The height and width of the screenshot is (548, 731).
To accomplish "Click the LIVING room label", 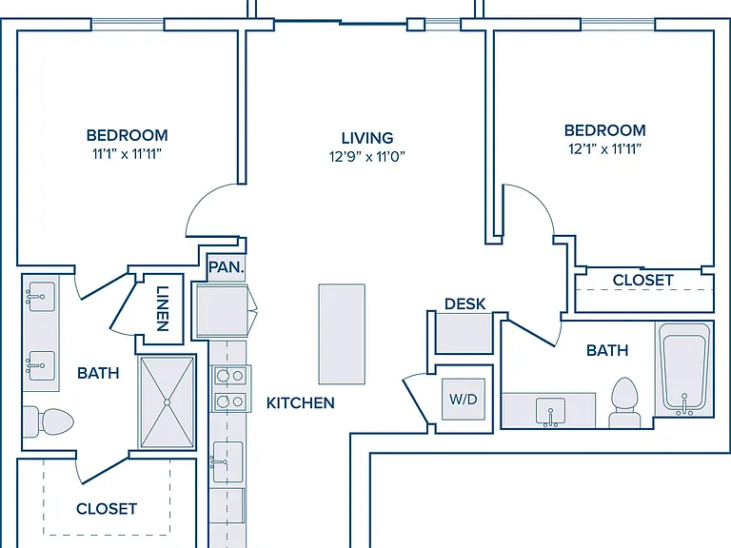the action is [367, 138].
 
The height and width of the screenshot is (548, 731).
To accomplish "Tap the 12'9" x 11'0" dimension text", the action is [367, 157].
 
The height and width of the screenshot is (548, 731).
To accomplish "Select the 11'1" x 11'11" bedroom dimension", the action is [127, 154].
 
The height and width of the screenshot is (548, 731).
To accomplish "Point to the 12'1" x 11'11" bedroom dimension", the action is [604, 149].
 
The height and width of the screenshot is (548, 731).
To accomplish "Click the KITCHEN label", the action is [301, 403].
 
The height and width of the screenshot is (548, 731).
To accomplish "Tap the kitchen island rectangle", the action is [342, 334].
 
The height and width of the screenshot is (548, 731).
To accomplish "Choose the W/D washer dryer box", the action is [464, 399].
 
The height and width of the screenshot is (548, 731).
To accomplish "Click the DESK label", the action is [465, 303].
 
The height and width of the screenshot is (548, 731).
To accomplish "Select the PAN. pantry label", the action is [227, 267].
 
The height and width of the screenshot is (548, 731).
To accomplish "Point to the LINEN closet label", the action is [162, 308].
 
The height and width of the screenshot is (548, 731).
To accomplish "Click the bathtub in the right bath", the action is [684, 369].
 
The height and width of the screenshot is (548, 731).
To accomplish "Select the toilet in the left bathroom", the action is [49, 421].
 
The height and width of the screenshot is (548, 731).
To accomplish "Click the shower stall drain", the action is [168, 402].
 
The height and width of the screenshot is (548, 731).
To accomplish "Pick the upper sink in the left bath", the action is [41, 297].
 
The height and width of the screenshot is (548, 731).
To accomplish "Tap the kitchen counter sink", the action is [227, 461].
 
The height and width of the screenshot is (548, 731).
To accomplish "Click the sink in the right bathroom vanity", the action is [550, 411].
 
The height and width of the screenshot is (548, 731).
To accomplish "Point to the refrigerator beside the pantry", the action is [223, 311].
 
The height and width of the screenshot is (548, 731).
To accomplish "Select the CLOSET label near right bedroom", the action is [642, 281].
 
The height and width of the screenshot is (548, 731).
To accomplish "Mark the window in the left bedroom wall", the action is [128, 24].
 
